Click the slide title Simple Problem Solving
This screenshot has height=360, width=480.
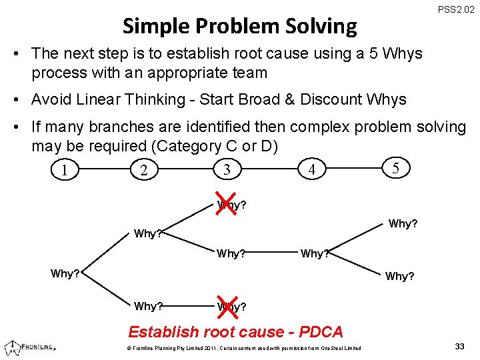tap(240, 26)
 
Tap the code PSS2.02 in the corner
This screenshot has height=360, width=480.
tap(456, 9)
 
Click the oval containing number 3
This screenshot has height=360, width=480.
tap(227, 169)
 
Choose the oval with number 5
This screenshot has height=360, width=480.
tap(396, 168)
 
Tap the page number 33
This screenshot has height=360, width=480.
tap(459, 346)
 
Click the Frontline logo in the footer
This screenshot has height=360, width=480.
tap(30, 347)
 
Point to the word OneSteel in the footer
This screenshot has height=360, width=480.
tap(334, 348)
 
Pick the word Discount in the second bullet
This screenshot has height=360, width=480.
tap(331, 99)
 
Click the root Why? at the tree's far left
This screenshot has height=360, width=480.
tap(65, 273)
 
